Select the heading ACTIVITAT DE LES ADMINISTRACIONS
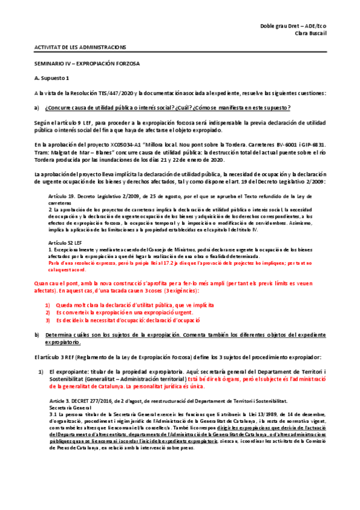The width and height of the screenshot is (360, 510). point(79,46)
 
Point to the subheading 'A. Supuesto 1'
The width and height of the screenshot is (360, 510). point(52,78)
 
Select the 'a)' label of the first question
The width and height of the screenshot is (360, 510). point(37,108)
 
